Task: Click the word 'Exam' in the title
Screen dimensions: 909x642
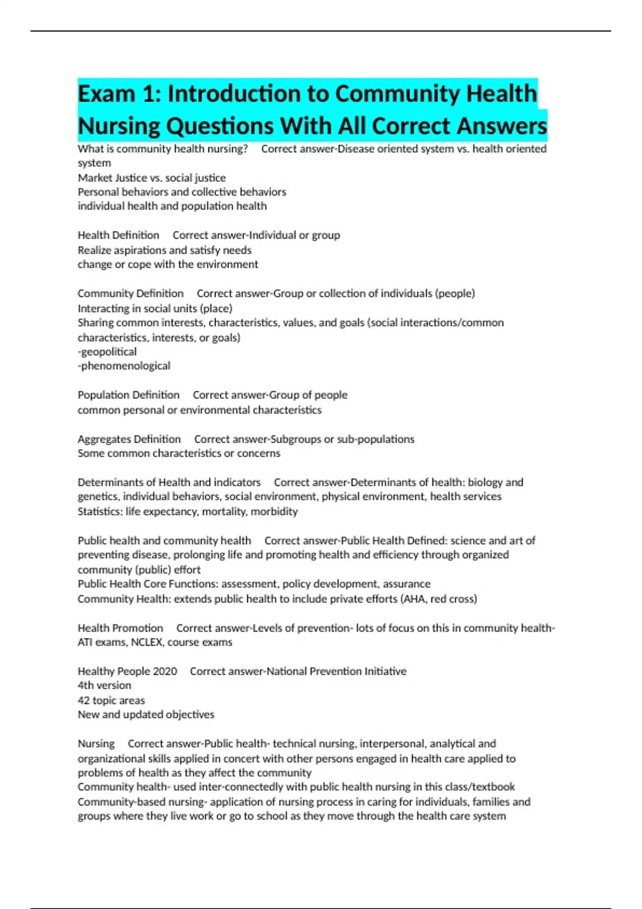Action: pyautogui.click(x=106, y=94)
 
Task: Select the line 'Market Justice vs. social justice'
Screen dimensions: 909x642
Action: pyautogui.click(x=151, y=178)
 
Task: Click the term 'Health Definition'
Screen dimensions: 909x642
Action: pyautogui.click(x=118, y=235)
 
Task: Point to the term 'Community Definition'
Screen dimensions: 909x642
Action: pyautogui.click(x=131, y=294)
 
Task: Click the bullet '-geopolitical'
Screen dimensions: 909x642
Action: pyautogui.click(x=107, y=352)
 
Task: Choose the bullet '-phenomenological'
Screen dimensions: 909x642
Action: pyautogui.click(x=124, y=366)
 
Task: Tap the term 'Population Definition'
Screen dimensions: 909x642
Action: pyautogui.click(x=128, y=395)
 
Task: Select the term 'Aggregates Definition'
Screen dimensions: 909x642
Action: pyautogui.click(x=129, y=439)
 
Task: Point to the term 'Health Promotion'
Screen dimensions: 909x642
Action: pyautogui.click(x=120, y=628)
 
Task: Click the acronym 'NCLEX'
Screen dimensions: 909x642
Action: pyautogui.click(x=147, y=642)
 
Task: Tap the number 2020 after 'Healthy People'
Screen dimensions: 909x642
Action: pyautogui.click(x=165, y=672)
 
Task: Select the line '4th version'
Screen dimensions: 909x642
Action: pyautogui.click(x=104, y=685)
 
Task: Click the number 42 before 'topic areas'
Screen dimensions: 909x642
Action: pyautogui.click(x=83, y=700)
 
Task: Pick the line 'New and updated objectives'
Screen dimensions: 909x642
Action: pyautogui.click(x=146, y=715)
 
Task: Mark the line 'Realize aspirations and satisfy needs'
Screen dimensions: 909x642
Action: pyautogui.click(x=164, y=250)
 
